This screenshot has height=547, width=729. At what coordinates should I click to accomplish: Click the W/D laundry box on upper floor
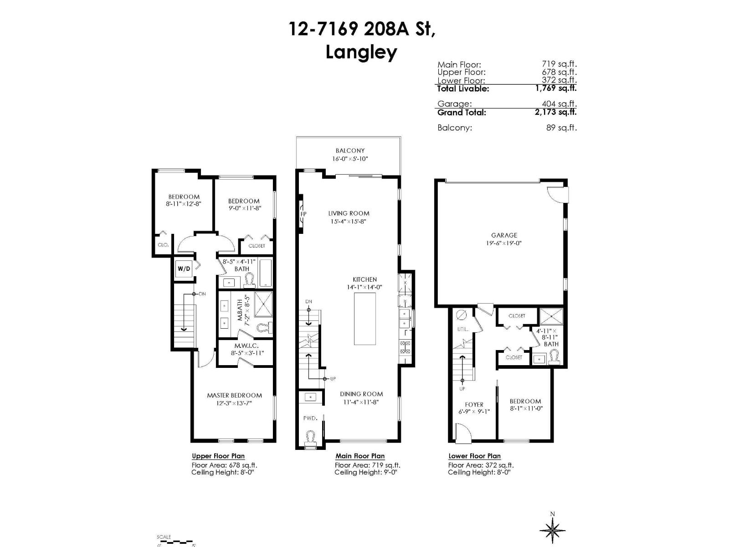pos(184,269)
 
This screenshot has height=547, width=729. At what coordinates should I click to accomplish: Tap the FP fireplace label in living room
pos(303,214)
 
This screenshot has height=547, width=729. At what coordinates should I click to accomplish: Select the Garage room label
pos(504,235)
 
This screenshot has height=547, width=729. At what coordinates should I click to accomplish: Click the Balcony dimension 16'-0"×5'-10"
pos(349,159)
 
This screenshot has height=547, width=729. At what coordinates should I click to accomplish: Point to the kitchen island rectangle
pos(365,319)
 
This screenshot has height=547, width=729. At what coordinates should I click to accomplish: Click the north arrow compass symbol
pos(552,530)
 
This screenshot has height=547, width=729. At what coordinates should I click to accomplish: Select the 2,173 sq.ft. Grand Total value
pos(555,112)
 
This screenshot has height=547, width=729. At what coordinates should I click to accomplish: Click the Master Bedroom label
pos(234,395)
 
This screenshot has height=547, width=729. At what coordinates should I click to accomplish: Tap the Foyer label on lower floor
pos(474,404)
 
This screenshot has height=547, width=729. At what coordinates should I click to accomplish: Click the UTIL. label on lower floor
pos(462,329)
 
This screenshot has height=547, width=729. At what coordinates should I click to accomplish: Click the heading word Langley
pos(361,52)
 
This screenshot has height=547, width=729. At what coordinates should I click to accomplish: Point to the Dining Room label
pos(361,394)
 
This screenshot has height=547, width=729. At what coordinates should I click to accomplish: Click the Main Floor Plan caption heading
pos(360,456)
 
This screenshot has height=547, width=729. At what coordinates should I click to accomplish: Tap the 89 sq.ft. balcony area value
pos(561,128)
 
